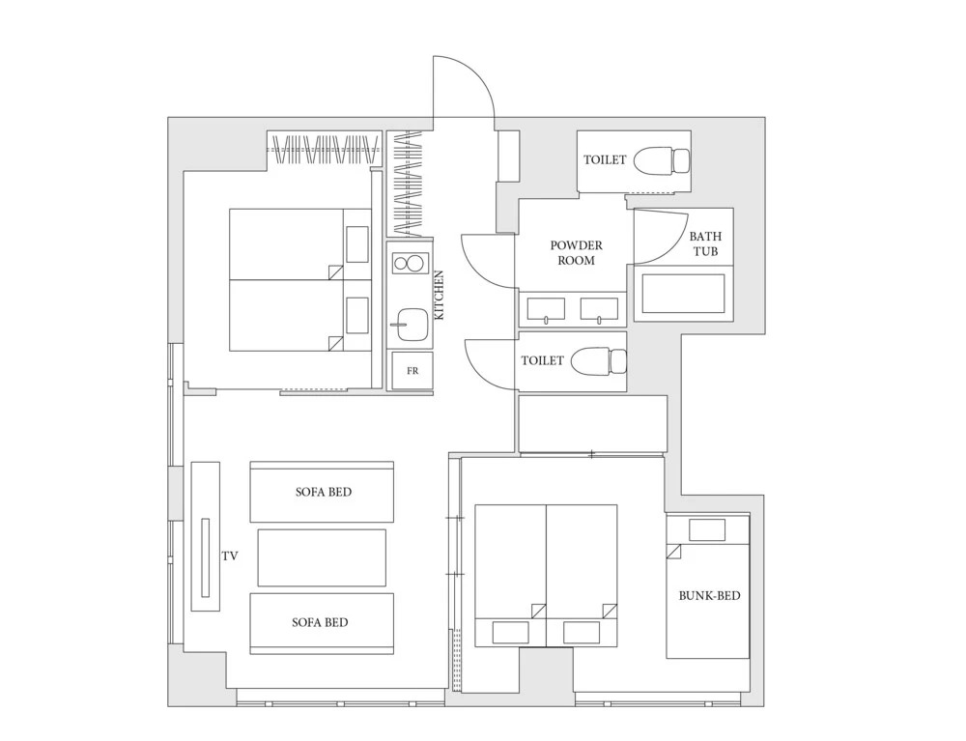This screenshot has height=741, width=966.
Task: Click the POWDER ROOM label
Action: click(576, 252)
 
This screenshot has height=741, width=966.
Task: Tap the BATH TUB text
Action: click(705, 243)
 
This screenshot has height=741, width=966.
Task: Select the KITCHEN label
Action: click(440, 295)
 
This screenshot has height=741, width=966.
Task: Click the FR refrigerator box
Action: click(412, 371)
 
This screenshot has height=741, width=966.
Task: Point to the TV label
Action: click(230, 556)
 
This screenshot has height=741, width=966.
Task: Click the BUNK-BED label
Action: click(709, 596)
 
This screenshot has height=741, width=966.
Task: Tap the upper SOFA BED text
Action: click(324, 492)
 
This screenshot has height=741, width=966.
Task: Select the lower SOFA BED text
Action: click(320, 622)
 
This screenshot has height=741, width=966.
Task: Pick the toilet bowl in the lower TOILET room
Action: click(599, 361)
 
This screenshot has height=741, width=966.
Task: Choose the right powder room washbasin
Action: click(599, 309)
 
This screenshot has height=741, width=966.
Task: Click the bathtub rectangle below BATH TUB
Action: click(683, 293)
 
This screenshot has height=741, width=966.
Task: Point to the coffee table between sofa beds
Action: click(322, 557)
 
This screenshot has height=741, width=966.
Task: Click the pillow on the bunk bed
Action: click(707, 529)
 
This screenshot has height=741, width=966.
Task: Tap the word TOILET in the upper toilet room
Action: click(605, 159)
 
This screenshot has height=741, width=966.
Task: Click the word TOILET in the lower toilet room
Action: click(542, 360)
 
